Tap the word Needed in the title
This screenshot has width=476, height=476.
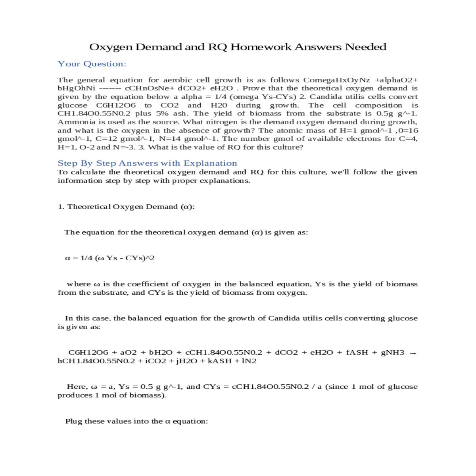365,47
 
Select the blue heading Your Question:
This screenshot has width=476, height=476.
92,64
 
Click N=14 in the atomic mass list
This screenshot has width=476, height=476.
167,138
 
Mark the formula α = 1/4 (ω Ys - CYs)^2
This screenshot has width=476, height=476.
110,258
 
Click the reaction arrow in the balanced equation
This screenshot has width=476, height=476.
413,353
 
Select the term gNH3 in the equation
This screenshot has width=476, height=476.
393,352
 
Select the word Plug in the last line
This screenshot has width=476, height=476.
73,421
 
